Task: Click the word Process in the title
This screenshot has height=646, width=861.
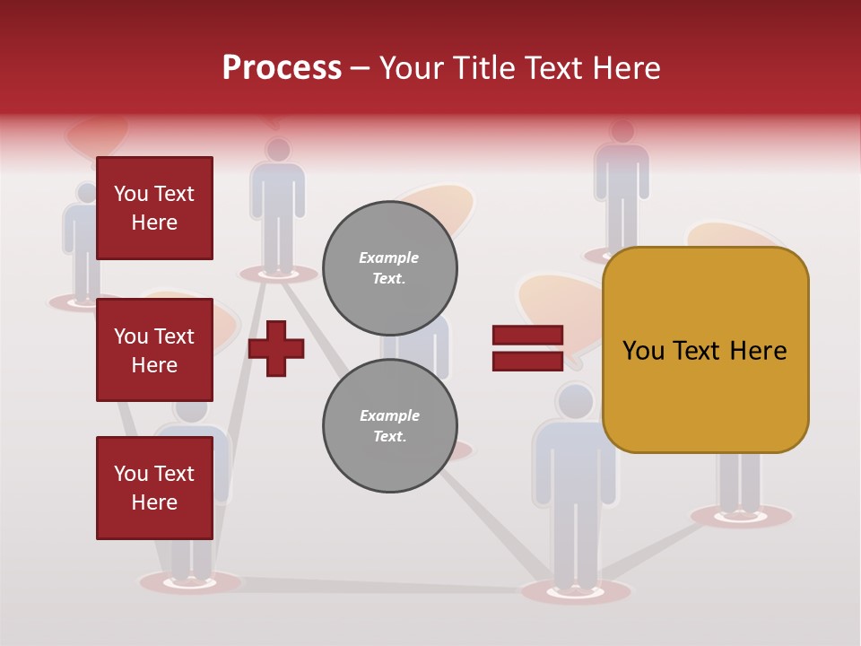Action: tap(282, 68)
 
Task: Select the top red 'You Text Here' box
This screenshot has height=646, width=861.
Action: tap(154, 208)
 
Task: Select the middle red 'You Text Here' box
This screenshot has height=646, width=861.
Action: tap(154, 350)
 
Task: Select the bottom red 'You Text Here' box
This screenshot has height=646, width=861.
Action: tap(154, 488)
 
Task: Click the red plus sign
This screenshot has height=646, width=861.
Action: tap(276, 348)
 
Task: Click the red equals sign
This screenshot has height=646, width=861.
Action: tap(527, 348)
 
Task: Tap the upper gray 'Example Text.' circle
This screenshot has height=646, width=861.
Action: tap(390, 268)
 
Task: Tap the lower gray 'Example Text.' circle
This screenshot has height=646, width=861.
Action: tap(390, 426)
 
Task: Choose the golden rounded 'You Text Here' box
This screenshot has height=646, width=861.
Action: tap(705, 350)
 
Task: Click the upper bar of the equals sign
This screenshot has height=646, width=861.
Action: tap(527, 336)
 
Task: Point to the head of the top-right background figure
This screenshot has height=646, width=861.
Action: tap(622, 131)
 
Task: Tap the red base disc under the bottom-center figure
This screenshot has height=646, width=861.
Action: tap(576, 591)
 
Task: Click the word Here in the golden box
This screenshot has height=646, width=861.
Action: tap(758, 351)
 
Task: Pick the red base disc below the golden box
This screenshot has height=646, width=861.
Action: tap(741, 516)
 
